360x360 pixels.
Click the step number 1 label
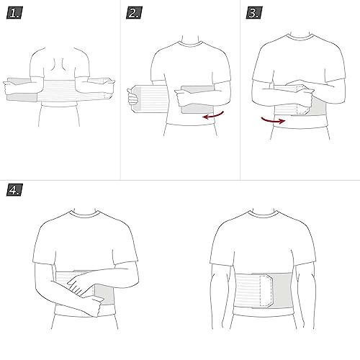click(x=14, y=13)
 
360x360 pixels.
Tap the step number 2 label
click(x=134, y=13)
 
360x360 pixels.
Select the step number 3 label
click(x=254, y=13)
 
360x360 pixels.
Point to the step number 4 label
click(x=14, y=189)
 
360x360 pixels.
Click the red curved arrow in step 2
click(x=213, y=115)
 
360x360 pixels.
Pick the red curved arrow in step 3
click(x=273, y=120)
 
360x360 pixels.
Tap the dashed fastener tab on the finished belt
click(x=266, y=291)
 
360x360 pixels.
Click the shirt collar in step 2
click(x=190, y=44)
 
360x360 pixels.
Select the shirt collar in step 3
click(x=300, y=37)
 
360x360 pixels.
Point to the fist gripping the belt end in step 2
click(x=133, y=96)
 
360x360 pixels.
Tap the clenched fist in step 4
click(x=95, y=305)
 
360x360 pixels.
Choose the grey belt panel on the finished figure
click(x=283, y=290)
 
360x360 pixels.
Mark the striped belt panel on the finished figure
click(x=247, y=290)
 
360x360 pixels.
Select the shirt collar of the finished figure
click(x=263, y=214)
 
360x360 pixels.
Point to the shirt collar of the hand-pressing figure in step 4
click(x=84, y=214)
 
